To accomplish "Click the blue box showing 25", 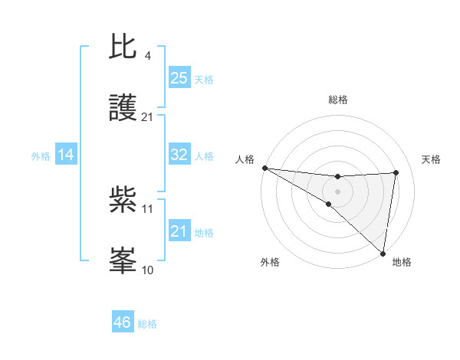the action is click(x=179, y=78).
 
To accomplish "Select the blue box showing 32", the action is click(x=179, y=155).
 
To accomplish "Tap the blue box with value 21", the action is click(x=179, y=231).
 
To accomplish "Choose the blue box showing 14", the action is click(x=66, y=155).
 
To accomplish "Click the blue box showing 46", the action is click(x=123, y=322).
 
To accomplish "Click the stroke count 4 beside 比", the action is click(x=148, y=55).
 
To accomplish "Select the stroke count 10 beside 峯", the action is click(x=148, y=270).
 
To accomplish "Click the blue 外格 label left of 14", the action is click(x=41, y=155).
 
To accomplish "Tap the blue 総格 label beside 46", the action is click(x=147, y=324).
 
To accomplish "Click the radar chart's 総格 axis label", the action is click(x=338, y=100).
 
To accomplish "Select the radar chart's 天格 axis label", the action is click(x=432, y=159).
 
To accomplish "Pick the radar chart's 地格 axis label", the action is click(x=402, y=262).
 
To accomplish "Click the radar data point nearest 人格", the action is click(x=264, y=167).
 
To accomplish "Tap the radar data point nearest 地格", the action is click(x=383, y=254).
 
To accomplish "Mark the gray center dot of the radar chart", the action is click(x=337, y=191).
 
